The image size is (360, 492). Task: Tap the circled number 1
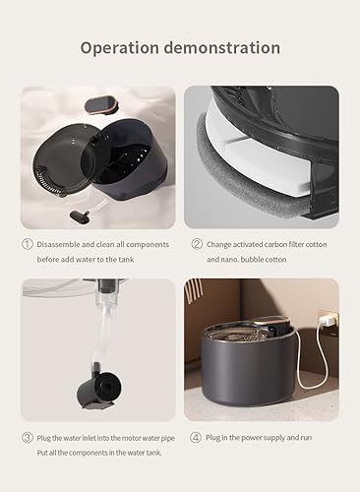click(x=28, y=244)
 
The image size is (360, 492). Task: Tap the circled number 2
click(x=196, y=244)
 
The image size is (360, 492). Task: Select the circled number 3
click(x=28, y=436)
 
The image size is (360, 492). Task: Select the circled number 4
click(x=196, y=436)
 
